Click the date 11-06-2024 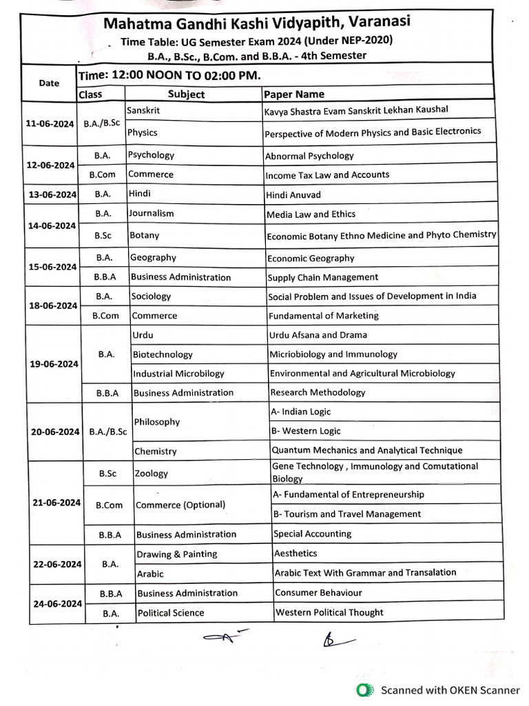tap(50, 123)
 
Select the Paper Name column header tap(293, 94)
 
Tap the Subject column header tap(186, 94)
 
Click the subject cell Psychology tap(152, 155)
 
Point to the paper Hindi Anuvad tap(293, 195)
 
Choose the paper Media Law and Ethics tap(311, 214)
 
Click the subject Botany tap(145, 235)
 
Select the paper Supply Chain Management tap(323, 277)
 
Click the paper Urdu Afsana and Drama tap(318, 335)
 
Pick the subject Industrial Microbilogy tap(178, 374)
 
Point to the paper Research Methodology tap(318, 392)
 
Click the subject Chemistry tap(156, 452)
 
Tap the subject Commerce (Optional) tap(180, 505)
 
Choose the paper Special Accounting tap(312, 534)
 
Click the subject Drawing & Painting tap(176, 554)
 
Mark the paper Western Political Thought tap(329, 612)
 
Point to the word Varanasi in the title tap(377, 23)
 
